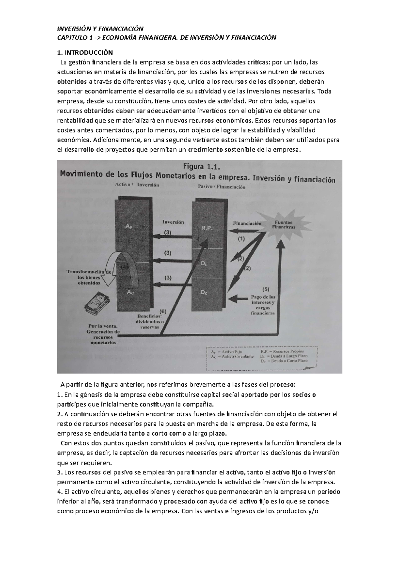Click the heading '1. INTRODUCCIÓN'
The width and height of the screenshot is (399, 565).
coord(85,52)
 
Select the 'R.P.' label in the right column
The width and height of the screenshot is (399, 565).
coord(207,228)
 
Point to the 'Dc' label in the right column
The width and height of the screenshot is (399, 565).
coord(204,292)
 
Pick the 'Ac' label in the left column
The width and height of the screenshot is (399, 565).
coord(130,292)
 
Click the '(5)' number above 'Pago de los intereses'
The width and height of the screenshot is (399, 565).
coord(266,289)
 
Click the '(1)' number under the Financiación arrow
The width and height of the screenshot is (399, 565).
coord(241,238)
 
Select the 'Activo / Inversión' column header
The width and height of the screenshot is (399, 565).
coord(137,185)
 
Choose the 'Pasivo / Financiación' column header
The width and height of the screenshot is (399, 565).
coord(221,187)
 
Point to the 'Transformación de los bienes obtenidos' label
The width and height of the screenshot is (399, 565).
coord(89,277)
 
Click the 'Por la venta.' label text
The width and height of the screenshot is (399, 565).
coord(103,326)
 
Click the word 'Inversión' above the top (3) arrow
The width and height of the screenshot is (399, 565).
coord(173,222)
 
